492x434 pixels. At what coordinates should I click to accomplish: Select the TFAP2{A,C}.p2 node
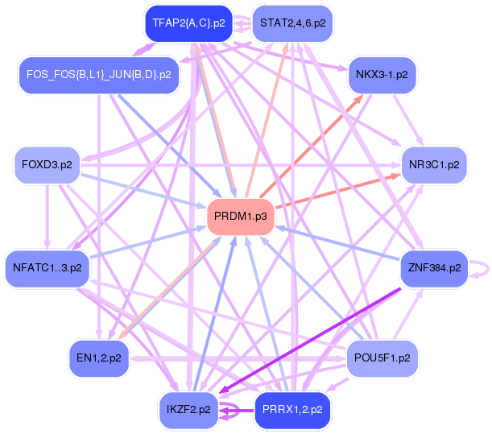point(188,24)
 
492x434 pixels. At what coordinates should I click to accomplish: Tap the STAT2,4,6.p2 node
point(292,24)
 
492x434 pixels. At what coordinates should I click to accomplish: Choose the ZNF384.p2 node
point(434,267)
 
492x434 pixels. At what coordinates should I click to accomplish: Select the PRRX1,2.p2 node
point(292,409)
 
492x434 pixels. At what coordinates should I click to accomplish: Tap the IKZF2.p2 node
point(188,409)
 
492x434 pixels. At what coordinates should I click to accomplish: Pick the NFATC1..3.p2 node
point(48,267)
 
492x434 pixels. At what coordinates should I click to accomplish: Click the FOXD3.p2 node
point(48,164)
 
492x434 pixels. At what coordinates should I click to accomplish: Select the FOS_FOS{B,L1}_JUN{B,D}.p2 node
point(99,74)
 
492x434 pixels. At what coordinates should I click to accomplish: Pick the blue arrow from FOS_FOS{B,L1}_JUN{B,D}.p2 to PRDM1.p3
point(169,143)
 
